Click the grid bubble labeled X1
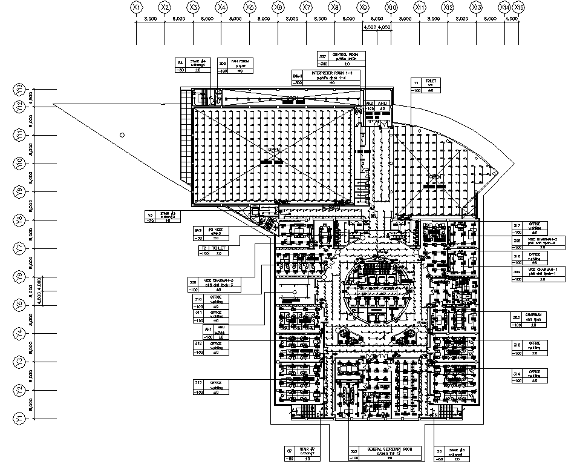coord(136,7)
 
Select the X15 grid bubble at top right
coord(518,7)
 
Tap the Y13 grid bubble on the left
coord(20,90)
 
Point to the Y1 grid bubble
coord(20,418)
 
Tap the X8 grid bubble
coord(334,7)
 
